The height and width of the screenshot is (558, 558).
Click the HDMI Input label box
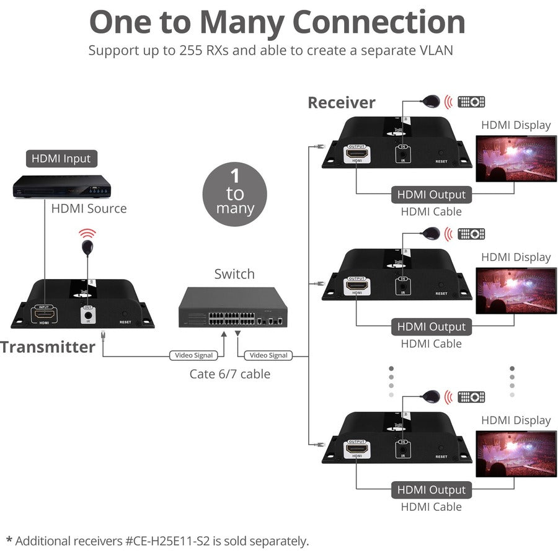61,159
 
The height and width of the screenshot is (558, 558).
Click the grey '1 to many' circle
235,193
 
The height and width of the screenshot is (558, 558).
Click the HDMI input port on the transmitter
44,314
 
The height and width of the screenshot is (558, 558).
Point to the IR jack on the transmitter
87,314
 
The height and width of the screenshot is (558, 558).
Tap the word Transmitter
48,347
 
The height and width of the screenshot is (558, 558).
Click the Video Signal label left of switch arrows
192,355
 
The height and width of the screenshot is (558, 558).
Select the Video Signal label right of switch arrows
269,355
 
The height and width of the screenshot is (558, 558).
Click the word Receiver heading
342,102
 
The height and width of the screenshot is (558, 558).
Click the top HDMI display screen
516,158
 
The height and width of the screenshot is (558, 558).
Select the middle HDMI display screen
516,290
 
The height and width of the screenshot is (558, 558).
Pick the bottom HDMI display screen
516,453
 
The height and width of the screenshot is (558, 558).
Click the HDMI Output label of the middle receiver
431,327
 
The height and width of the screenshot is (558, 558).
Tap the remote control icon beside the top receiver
471,102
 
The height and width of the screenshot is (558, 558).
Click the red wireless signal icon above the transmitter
87,234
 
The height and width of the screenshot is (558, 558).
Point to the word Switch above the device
234,273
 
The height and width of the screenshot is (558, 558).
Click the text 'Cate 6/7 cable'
230,374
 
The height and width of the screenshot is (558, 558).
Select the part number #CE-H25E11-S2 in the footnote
169,541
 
